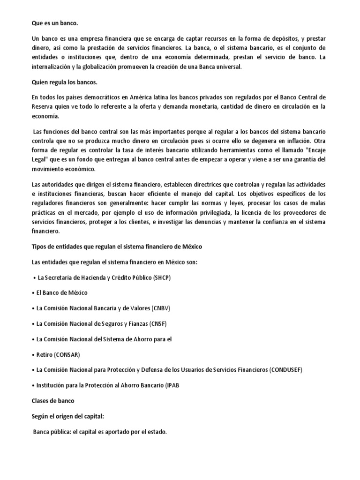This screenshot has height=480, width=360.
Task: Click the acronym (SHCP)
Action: point(162,277)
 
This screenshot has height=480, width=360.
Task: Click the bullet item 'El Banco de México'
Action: point(62,292)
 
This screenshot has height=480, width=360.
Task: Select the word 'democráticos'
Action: point(88,97)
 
